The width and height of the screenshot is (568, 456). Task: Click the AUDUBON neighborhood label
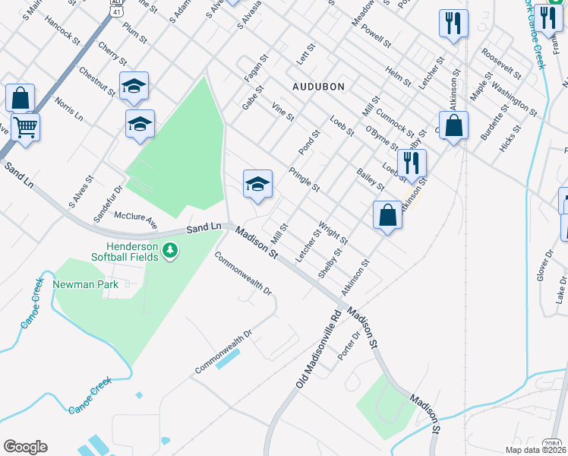point(315,87)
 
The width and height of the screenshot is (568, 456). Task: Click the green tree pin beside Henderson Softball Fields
point(172,249)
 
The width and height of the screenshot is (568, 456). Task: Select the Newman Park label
point(83,285)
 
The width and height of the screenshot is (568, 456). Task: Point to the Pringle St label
point(305,179)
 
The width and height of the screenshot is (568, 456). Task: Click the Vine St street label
point(282,112)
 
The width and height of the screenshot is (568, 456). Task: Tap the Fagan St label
point(256,68)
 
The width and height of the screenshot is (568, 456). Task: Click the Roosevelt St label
point(500,64)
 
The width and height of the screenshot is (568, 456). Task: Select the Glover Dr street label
point(543,266)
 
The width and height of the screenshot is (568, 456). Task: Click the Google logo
point(25,447)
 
